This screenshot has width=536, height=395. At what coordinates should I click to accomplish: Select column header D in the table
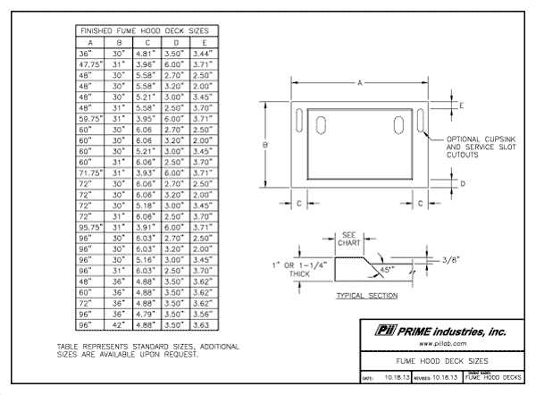click(x=176, y=42)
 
